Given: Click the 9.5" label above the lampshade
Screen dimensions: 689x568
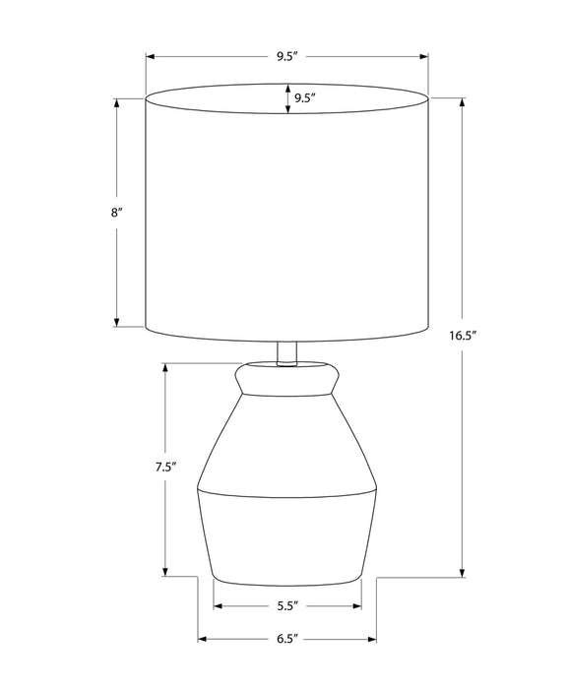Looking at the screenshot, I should [x=286, y=56].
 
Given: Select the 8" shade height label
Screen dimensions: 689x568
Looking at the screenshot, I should [x=116, y=212].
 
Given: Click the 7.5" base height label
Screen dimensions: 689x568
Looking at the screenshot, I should [x=164, y=469].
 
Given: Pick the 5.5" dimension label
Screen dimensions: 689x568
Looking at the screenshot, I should [x=286, y=606].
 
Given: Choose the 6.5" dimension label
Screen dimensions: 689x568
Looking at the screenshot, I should [x=286, y=640].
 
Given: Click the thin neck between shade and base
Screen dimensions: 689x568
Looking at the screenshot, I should [x=286, y=352].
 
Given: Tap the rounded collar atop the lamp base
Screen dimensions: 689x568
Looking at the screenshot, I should [x=286, y=377].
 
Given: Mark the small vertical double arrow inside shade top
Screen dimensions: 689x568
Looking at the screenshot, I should [x=287, y=100].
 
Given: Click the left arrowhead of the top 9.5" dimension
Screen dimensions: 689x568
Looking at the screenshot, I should [x=151, y=56].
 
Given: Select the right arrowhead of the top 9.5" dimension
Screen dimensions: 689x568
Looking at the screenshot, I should [x=425, y=56].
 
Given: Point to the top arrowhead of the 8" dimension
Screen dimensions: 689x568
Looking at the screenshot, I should [x=116, y=102].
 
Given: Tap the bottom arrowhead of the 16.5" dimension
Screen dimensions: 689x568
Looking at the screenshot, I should [x=462, y=573].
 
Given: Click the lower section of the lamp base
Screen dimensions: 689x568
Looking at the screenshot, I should [x=286, y=532].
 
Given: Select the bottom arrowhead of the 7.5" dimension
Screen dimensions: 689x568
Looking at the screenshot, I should [x=164, y=573].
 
